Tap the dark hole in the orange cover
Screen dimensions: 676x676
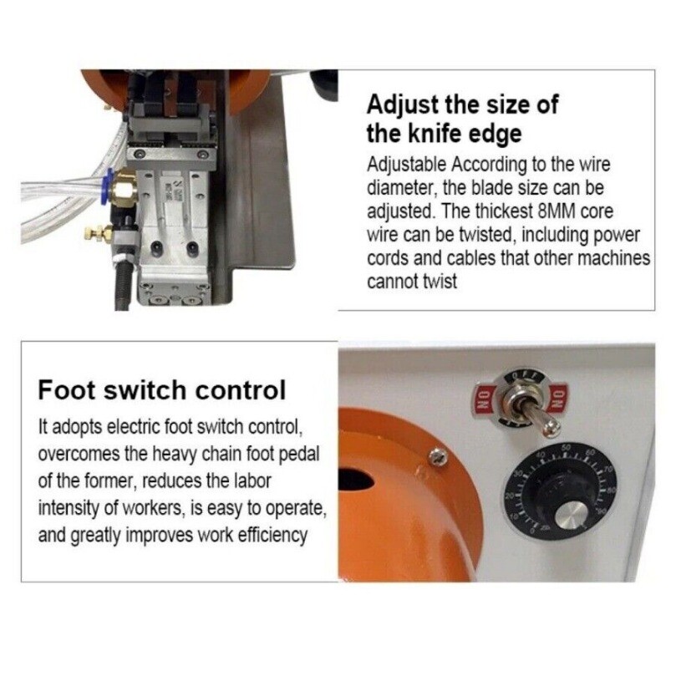click(x=357, y=481)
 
